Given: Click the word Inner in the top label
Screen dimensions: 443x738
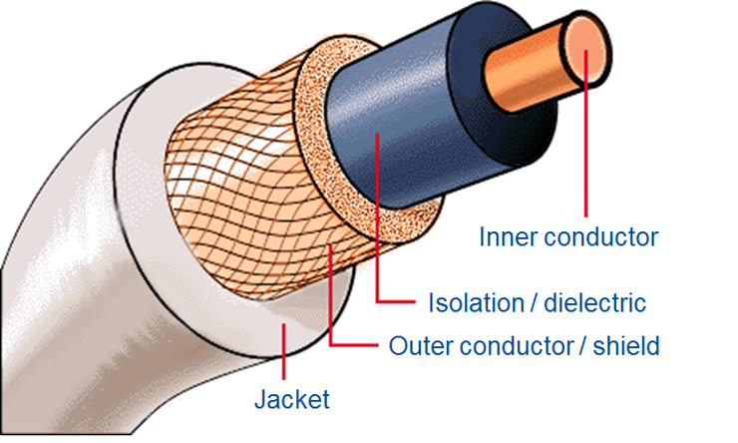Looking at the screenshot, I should (x=505, y=237).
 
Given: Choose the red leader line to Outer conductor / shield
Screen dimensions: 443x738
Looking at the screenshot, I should (x=329, y=299).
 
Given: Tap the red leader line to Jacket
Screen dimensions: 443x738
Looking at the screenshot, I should (x=286, y=359).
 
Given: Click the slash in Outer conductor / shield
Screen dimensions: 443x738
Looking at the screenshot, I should (x=583, y=347).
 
